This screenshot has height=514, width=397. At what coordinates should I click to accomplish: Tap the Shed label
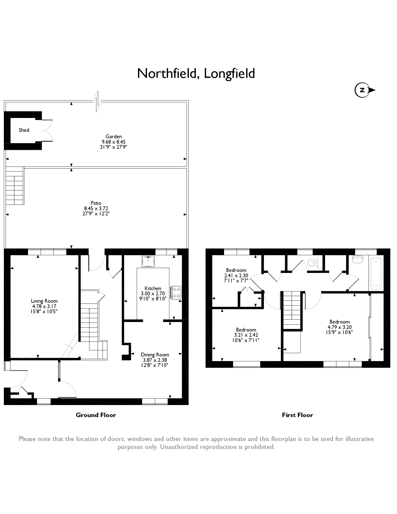(24, 130)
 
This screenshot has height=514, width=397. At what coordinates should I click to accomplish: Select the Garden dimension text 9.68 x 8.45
(114, 142)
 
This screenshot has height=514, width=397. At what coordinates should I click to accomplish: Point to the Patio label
(96, 203)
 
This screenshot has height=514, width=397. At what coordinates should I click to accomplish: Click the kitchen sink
(148, 261)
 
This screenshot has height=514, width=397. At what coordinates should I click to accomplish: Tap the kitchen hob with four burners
(176, 292)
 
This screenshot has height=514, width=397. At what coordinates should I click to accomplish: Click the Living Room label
(44, 301)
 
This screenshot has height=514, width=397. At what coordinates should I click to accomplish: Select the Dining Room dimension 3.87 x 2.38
(155, 360)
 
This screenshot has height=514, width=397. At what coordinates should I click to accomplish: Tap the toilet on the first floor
(312, 262)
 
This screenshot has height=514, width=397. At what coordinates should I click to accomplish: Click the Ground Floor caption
(96, 415)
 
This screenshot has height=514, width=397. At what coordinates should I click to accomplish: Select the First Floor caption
(297, 415)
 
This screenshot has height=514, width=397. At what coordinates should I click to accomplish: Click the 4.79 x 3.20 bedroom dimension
(339, 327)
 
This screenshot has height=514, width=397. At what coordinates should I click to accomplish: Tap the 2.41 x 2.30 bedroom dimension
(236, 275)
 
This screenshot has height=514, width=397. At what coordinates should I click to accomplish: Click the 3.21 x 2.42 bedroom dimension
(246, 335)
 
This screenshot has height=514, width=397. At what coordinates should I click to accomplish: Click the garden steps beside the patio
(15, 186)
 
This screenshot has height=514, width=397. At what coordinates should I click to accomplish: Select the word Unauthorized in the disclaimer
(179, 447)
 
